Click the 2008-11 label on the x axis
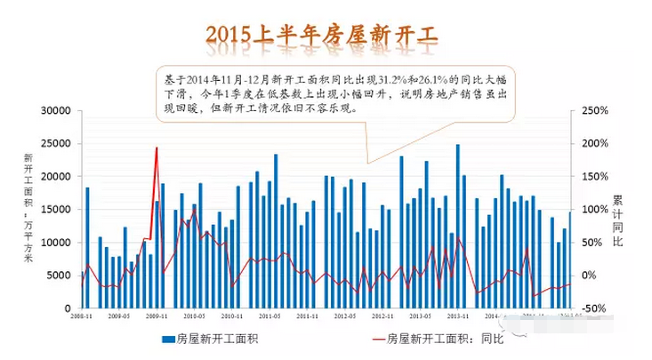pyautogui.click(x=83, y=316)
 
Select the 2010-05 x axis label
pyautogui.click(x=196, y=316)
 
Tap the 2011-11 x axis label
pyautogui.click(x=309, y=316)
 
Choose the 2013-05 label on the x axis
pyautogui.click(x=421, y=316)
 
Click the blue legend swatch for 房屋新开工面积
pyautogui.click(x=167, y=339)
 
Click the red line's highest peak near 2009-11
pyautogui.click(x=157, y=148)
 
